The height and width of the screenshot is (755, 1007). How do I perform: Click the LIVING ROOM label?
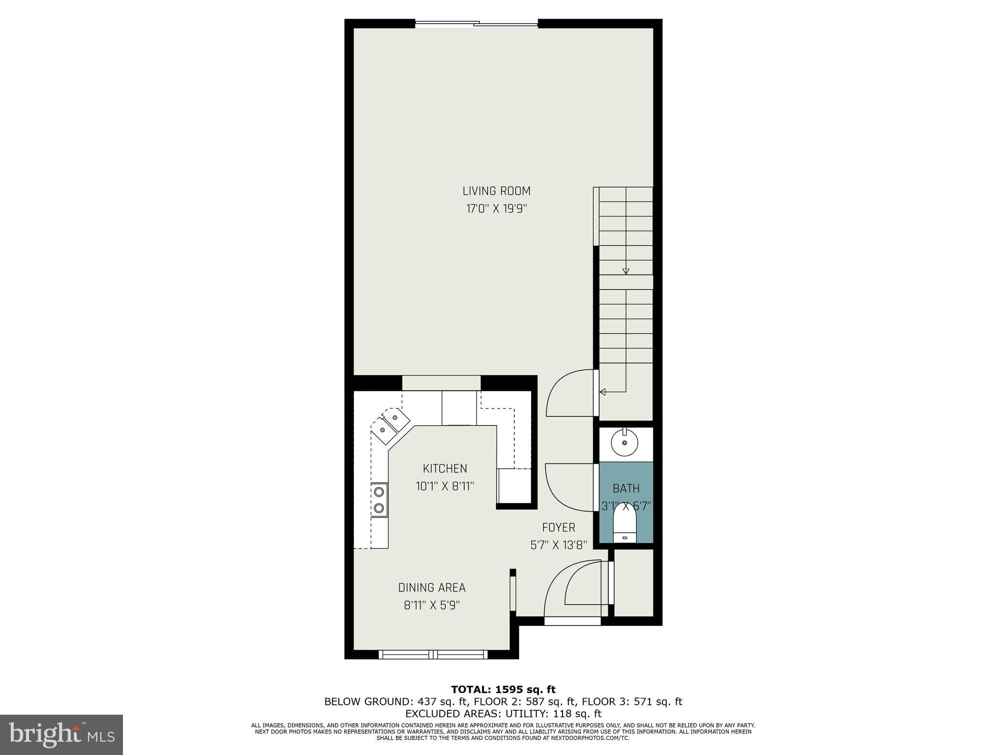(496, 191)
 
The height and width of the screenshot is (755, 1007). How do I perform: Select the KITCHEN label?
(444, 468)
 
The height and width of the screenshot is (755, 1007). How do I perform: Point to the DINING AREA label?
(432, 587)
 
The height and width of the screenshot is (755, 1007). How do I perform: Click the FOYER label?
(558, 527)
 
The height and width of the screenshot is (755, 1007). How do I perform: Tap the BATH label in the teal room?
(626, 488)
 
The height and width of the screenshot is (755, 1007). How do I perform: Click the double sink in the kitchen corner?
(390, 425)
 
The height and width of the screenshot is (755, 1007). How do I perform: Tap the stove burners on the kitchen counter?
(379, 499)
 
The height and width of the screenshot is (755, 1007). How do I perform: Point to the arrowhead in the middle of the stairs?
(625, 271)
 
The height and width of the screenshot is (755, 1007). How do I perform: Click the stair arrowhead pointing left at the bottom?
(602, 392)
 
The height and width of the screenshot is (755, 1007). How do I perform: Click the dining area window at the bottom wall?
(433, 654)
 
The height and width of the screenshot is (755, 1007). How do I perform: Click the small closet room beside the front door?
(634, 582)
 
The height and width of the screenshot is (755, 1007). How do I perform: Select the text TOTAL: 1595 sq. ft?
(503, 690)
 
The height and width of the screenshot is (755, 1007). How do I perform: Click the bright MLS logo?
(61, 734)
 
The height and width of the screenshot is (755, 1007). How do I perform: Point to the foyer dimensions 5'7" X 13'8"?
(558, 545)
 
